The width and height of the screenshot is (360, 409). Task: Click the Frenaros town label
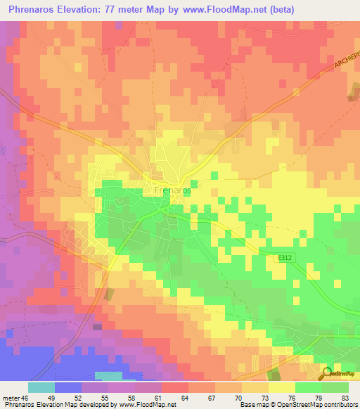[x=172, y=190]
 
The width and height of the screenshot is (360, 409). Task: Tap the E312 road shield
[x=283, y=259]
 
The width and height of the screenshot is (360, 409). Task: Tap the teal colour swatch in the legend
[x=41, y=387]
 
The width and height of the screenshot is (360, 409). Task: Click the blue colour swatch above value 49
[x=68, y=387]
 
